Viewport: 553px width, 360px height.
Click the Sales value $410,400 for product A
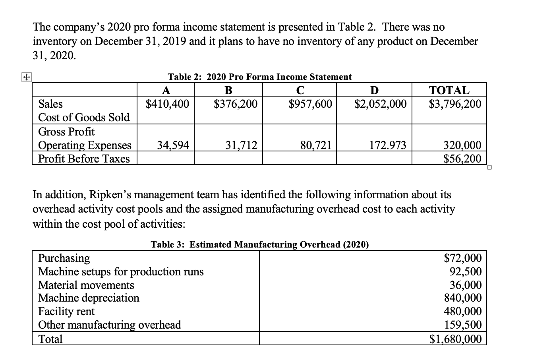pyautogui.click(x=167, y=104)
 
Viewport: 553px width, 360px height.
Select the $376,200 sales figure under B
pyautogui.click(x=236, y=104)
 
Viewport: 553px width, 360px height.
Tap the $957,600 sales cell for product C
pyautogui.click(x=310, y=104)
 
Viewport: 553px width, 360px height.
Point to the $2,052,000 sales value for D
pyautogui.click(x=380, y=104)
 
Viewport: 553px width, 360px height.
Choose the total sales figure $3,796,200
pyautogui.click(x=455, y=104)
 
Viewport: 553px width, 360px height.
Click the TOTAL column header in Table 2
pyautogui.click(x=449, y=90)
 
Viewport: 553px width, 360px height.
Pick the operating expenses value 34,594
pyautogui.click(x=173, y=145)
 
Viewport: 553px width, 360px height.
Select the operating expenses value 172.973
pyautogui.click(x=388, y=145)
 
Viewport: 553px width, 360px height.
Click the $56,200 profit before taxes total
pyautogui.click(x=462, y=159)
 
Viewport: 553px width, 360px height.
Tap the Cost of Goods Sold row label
pyautogui.click(x=84, y=118)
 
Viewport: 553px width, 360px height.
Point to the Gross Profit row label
pyautogui.click(x=66, y=132)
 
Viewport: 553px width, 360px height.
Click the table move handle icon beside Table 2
pyautogui.click(x=27, y=78)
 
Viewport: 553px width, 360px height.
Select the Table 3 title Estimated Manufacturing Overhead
pyautogui.click(x=260, y=244)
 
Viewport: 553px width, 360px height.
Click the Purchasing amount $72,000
pyautogui.click(x=462, y=258)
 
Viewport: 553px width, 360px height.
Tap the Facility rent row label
pyautogui.click(x=66, y=311)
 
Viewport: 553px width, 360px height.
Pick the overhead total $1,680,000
pyautogui.click(x=456, y=339)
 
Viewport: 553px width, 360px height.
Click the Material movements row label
pyautogui.click(x=86, y=285)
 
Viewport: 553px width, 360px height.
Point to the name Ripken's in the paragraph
pyautogui.click(x=108, y=195)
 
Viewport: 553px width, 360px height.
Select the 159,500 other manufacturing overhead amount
pyautogui.click(x=463, y=325)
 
